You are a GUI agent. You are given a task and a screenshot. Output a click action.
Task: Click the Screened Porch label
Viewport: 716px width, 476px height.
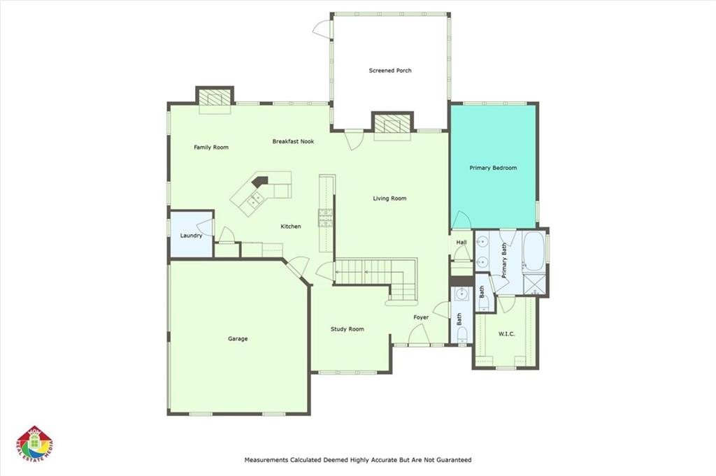point(390,71)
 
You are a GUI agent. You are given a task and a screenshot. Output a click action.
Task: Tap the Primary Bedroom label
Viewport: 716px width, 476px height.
point(493,168)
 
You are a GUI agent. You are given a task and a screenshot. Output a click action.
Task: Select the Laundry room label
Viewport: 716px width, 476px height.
point(191,236)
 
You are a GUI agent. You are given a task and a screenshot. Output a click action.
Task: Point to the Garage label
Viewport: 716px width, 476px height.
point(238,338)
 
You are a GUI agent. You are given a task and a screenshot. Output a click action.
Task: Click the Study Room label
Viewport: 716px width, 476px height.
point(347,329)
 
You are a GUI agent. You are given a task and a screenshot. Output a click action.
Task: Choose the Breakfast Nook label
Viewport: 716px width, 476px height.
point(293,141)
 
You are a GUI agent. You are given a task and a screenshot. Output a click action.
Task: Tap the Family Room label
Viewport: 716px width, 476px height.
point(211,147)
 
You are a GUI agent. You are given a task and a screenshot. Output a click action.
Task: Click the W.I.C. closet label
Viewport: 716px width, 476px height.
point(506,334)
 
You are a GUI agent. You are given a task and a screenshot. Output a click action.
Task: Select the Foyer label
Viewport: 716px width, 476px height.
point(421,317)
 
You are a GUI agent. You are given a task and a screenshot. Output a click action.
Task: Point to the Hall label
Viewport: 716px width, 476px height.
point(461,243)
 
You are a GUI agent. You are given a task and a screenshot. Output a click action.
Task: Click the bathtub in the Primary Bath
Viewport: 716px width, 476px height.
point(534,252)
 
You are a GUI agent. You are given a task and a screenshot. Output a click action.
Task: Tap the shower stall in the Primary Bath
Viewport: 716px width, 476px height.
point(534,284)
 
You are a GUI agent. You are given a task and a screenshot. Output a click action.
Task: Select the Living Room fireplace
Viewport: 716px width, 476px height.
point(392,124)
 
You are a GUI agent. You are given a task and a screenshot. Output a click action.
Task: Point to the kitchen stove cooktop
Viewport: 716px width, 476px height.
point(326,217)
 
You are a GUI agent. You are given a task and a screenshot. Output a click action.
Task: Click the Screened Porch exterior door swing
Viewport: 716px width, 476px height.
point(322,29)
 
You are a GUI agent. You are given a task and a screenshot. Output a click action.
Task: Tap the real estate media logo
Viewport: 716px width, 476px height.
point(35,445)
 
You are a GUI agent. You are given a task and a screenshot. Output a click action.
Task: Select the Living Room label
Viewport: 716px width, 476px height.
point(389,199)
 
